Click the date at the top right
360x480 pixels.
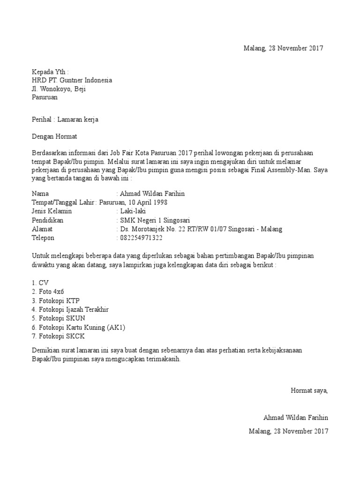(284, 48)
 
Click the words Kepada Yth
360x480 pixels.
(50, 72)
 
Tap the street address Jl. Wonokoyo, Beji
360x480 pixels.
(59, 89)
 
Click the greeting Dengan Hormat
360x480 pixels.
(53, 137)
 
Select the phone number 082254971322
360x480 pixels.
(141, 238)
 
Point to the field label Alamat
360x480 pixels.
(42, 229)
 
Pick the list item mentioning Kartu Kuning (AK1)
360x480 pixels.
(78, 327)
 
